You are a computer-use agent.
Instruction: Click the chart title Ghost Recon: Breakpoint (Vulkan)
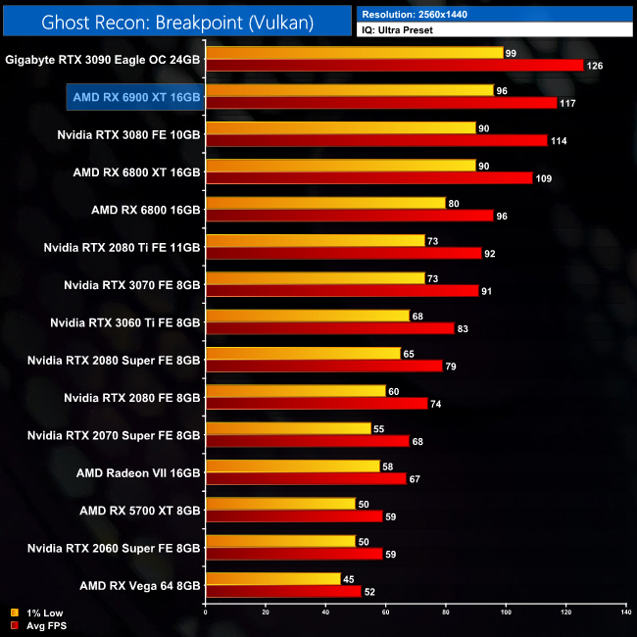click(x=177, y=20)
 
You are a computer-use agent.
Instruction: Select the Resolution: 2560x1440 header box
click(x=494, y=14)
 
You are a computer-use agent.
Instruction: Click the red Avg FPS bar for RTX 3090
click(x=394, y=66)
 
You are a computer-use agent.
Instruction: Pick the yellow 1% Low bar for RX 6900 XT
click(x=349, y=90)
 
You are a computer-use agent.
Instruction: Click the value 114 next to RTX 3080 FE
click(x=560, y=140)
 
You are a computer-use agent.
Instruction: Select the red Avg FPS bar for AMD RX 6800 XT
click(x=368, y=177)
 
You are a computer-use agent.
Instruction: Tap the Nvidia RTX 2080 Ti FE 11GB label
click(x=122, y=246)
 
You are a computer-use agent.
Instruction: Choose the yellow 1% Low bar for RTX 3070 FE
click(x=315, y=277)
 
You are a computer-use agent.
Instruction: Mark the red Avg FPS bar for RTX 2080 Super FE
click(x=323, y=366)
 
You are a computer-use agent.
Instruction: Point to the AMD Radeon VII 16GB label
click(x=138, y=472)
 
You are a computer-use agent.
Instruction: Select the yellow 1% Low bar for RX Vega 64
click(x=272, y=578)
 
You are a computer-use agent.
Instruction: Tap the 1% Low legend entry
click(x=38, y=612)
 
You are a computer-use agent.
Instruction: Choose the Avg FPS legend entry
click(x=40, y=624)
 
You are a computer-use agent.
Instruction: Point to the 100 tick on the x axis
click(x=506, y=612)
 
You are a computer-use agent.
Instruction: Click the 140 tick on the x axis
click(x=625, y=612)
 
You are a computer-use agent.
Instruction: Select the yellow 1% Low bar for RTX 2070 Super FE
click(x=288, y=428)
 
